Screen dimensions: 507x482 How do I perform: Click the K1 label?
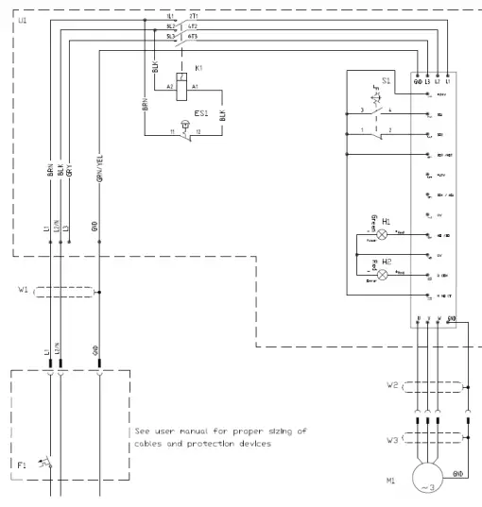(200, 68)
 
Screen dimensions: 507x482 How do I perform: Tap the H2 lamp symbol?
(384, 273)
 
